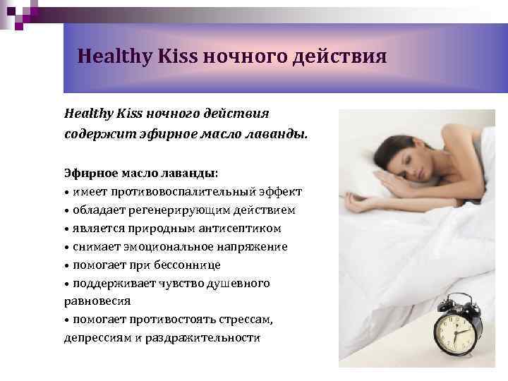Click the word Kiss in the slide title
click(174, 56)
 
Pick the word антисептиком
click(243, 229)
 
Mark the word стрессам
click(246, 320)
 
